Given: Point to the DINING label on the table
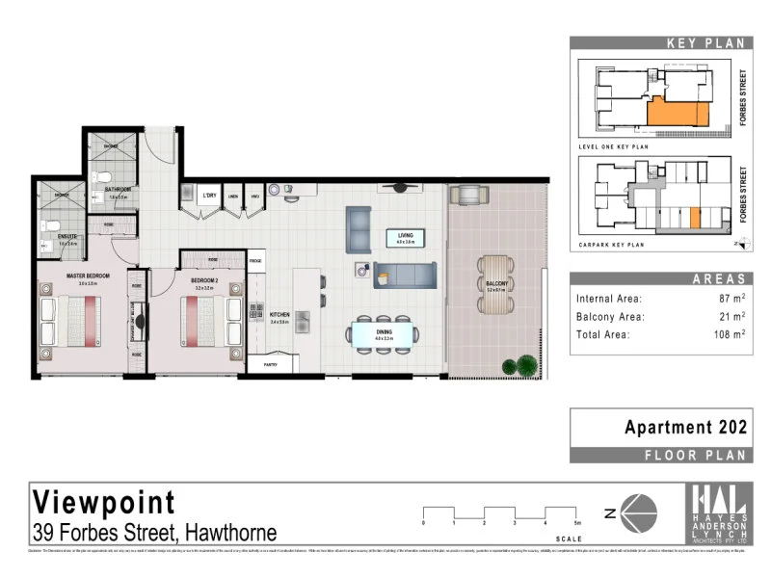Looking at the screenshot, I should pos(384,334).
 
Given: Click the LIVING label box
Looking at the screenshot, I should pos(405,239).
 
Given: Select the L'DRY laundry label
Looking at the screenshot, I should pos(208,197).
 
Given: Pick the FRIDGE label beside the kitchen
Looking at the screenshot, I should pos(256,261).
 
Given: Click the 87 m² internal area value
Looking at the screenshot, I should pos(731,299).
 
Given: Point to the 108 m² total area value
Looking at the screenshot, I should pos(728,334).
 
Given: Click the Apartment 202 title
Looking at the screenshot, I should pos(685,426).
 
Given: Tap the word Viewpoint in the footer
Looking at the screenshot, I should pos(105,502).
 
